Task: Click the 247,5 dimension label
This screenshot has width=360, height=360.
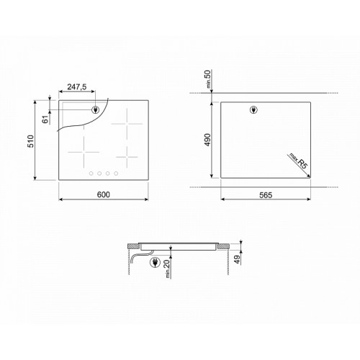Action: pyautogui.click(x=77, y=86)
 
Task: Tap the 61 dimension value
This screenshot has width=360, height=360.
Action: pyautogui.click(x=45, y=120)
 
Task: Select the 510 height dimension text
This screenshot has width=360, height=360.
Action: pyautogui.click(x=31, y=141)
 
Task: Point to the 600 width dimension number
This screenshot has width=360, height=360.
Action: pyautogui.click(x=104, y=194)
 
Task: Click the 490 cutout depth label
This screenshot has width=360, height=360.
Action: pyautogui.click(x=207, y=140)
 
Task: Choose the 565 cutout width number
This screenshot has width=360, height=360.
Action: pyautogui.click(x=266, y=195)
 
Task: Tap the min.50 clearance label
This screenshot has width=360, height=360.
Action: pyautogui.click(x=208, y=79)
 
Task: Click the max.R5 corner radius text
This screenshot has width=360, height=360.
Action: pyautogui.click(x=298, y=161)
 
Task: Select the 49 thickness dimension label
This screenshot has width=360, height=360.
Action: pyautogui.click(x=237, y=259)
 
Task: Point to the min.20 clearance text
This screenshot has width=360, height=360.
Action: pyautogui.click(x=168, y=269)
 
